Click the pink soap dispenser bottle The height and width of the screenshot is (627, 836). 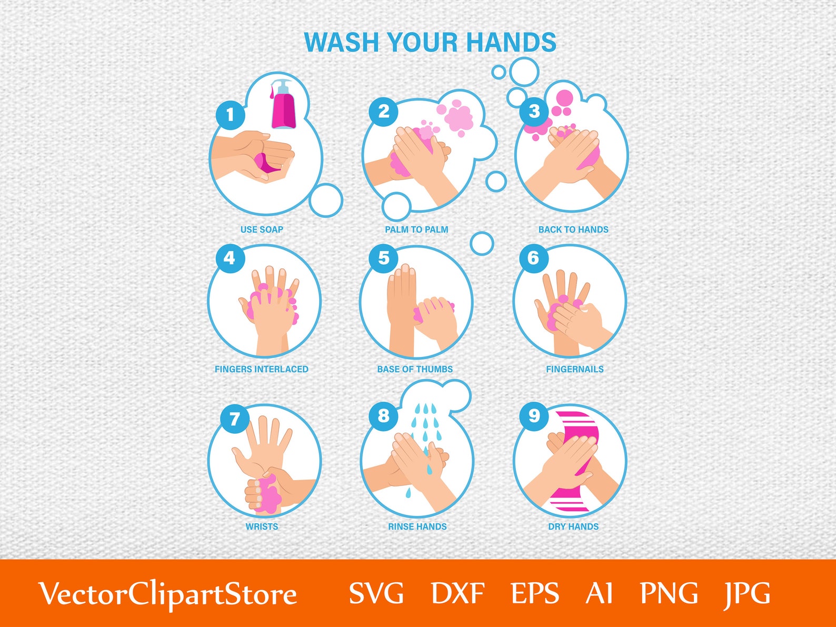[x=284, y=107]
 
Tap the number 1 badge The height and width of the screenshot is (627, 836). [x=230, y=114]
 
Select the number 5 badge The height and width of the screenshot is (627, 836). [x=384, y=258]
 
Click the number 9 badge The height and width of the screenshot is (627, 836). [x=534, y=416]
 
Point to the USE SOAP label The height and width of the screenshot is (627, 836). [x=262, y=230]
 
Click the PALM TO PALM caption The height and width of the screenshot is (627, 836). [x=416, y=230]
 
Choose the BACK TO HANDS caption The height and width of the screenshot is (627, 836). [x=573, y=230]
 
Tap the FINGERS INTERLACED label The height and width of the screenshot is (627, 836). [x=262, y=369]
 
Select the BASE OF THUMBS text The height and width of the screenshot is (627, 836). [x=415, y=369]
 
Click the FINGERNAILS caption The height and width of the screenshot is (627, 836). [x=575, y=369]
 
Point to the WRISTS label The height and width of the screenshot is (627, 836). [x=262, y=526]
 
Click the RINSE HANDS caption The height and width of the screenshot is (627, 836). [x=417, y=526]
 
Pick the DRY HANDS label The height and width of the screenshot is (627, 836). [x=573, y=526]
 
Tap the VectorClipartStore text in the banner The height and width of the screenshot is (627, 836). [x=168, y=594]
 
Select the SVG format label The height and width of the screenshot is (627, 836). [x=376, y=593]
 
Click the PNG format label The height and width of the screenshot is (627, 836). [x=669, y=593]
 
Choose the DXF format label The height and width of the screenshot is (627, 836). [x=457, y=593]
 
